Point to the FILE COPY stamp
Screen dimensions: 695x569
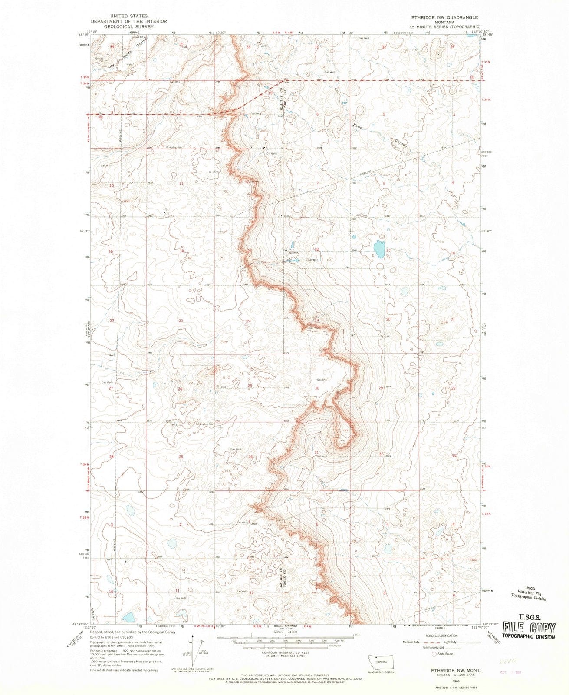pyautogui.click(x=529, y=629)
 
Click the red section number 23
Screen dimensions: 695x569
pyautogui.click(x=181, y=320)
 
